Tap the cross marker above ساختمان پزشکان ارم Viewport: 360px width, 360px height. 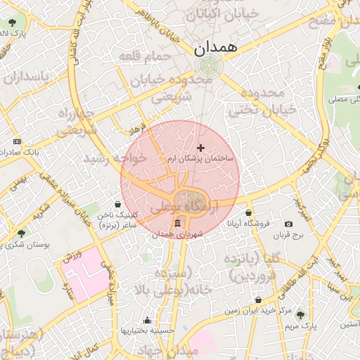click(x=201, y=148)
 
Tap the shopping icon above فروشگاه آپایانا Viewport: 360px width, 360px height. click(x=248, y=212)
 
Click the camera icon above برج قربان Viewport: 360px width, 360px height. click(x=289, y=224)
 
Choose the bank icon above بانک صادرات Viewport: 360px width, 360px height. click(x=17, y=141)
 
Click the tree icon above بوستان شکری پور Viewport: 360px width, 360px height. click(x=21, y=233)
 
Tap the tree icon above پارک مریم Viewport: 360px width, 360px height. click(x=301, y=316)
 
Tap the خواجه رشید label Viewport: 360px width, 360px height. click(x=116, y=159)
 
